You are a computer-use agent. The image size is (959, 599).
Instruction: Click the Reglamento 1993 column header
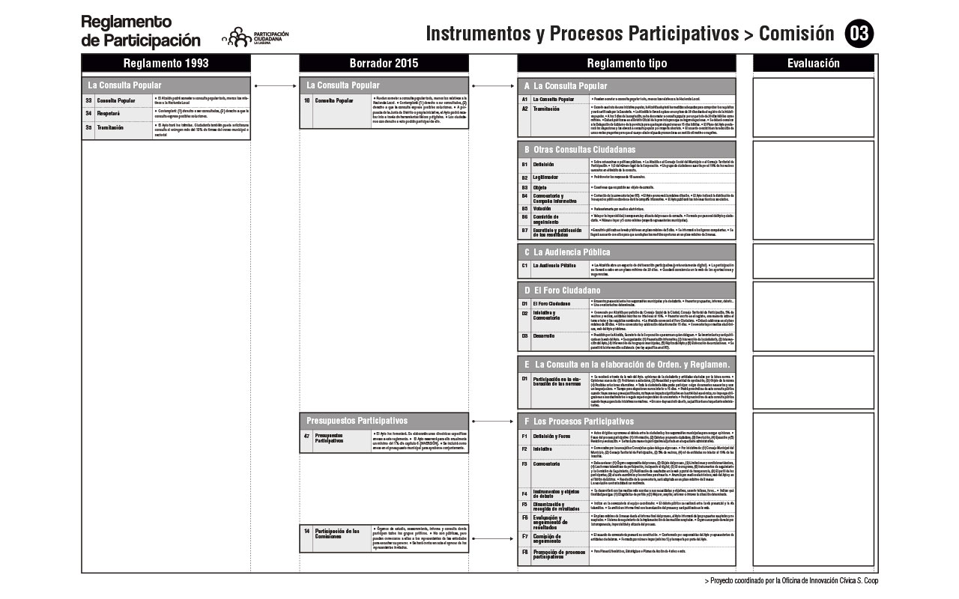pos(166,64)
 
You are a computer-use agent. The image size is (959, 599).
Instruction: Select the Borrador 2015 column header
pos(384,64)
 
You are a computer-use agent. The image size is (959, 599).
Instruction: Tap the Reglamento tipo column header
pos(626,64)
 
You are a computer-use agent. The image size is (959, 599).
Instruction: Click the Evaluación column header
pos(813,64)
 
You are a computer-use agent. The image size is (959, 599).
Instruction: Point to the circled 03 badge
pos(859,34)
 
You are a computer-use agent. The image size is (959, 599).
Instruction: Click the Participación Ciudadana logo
pos(255,37)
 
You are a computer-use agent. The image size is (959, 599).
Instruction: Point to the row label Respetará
pos(109,114)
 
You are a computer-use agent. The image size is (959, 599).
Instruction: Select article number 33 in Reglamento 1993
pos(88,100)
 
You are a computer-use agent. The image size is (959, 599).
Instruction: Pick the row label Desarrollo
pos(545,336)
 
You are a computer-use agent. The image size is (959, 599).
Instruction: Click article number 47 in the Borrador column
pos(306,436)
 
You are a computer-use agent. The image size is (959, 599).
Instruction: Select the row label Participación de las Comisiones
pos(338,534)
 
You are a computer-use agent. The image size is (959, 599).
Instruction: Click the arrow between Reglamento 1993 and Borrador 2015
pos(274,86)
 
